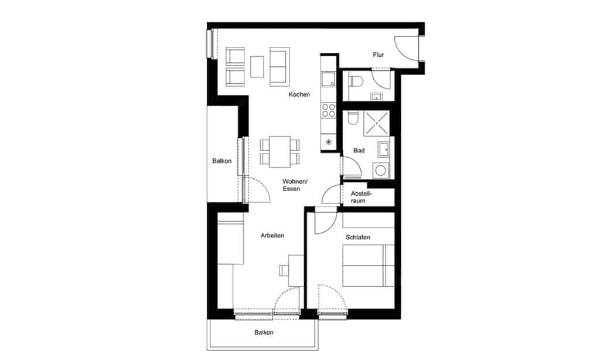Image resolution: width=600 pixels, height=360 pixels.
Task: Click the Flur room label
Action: pos(378,55)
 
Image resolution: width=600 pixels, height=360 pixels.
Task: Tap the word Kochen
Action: pos(299,94)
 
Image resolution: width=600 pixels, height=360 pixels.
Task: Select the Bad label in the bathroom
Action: pos(359,151)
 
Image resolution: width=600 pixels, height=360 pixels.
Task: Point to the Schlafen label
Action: pos(358,237)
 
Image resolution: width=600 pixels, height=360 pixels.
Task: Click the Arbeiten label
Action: pos(272,236)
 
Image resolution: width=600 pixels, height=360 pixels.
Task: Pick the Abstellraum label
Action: pos(361,197)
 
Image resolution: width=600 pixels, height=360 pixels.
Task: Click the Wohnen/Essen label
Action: pos(295,185)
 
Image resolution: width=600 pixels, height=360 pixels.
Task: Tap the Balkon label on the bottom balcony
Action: pos(264,332)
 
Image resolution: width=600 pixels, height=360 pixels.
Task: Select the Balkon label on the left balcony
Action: pos(222,161)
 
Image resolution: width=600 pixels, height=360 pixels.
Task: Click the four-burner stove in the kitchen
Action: pos(328,110)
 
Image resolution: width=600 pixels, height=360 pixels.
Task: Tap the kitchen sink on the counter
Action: pos(328,80)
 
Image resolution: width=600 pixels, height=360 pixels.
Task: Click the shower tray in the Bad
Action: pos(377,123)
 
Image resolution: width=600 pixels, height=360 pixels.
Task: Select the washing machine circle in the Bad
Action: pos(380,170)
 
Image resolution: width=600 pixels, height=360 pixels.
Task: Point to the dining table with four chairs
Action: pos(279,152)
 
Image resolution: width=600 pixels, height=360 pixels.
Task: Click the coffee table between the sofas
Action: pos(257,67)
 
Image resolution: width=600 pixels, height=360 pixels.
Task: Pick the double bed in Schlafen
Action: pos(368,266)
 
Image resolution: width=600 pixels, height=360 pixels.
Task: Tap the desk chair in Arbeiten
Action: pos(284,271)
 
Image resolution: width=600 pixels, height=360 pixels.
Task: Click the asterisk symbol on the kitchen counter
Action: pos(328,142)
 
